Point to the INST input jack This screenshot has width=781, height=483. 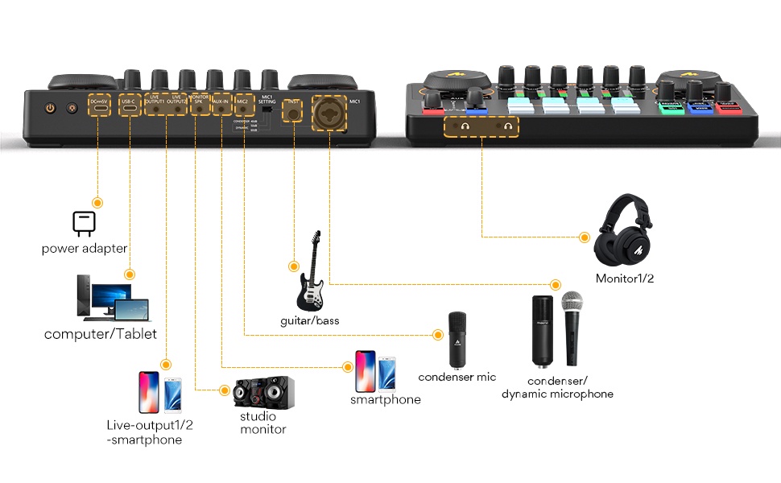pyautogui.click(x=293, y=114)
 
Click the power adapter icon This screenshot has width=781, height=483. pyautogui.click(x=84, y=222)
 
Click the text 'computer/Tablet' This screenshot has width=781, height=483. pyautogui.click(x=100, y=334)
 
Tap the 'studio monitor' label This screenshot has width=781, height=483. pyautogui.click(x=262, y=423)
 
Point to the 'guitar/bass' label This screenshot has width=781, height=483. pyautogui.click(x=310, y=320)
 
